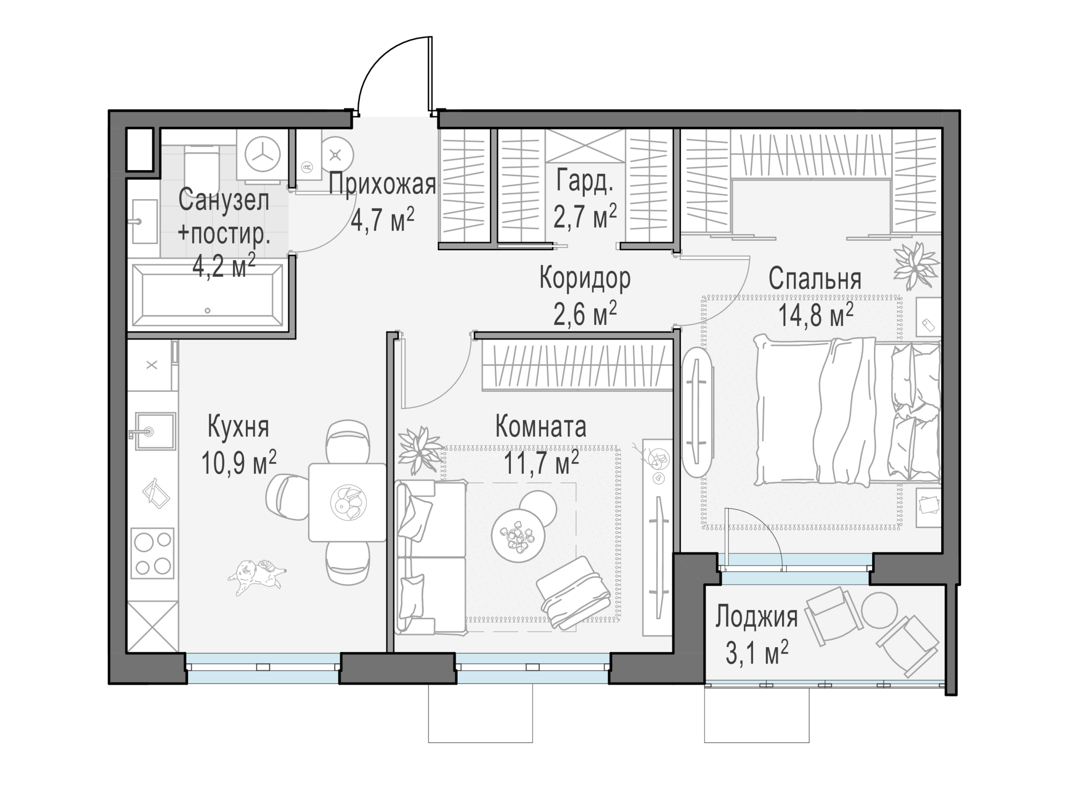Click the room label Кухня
pos(238,427)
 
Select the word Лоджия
pos(756,618)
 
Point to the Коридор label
pos(585,279)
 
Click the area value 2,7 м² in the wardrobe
pos(585,216)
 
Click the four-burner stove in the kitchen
pos(152,553)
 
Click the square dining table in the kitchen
pos(348,502)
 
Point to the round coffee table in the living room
pos(518,535)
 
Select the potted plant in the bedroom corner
pos(915,266)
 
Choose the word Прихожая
pos(382,184)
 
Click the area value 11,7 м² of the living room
pos(541,462)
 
